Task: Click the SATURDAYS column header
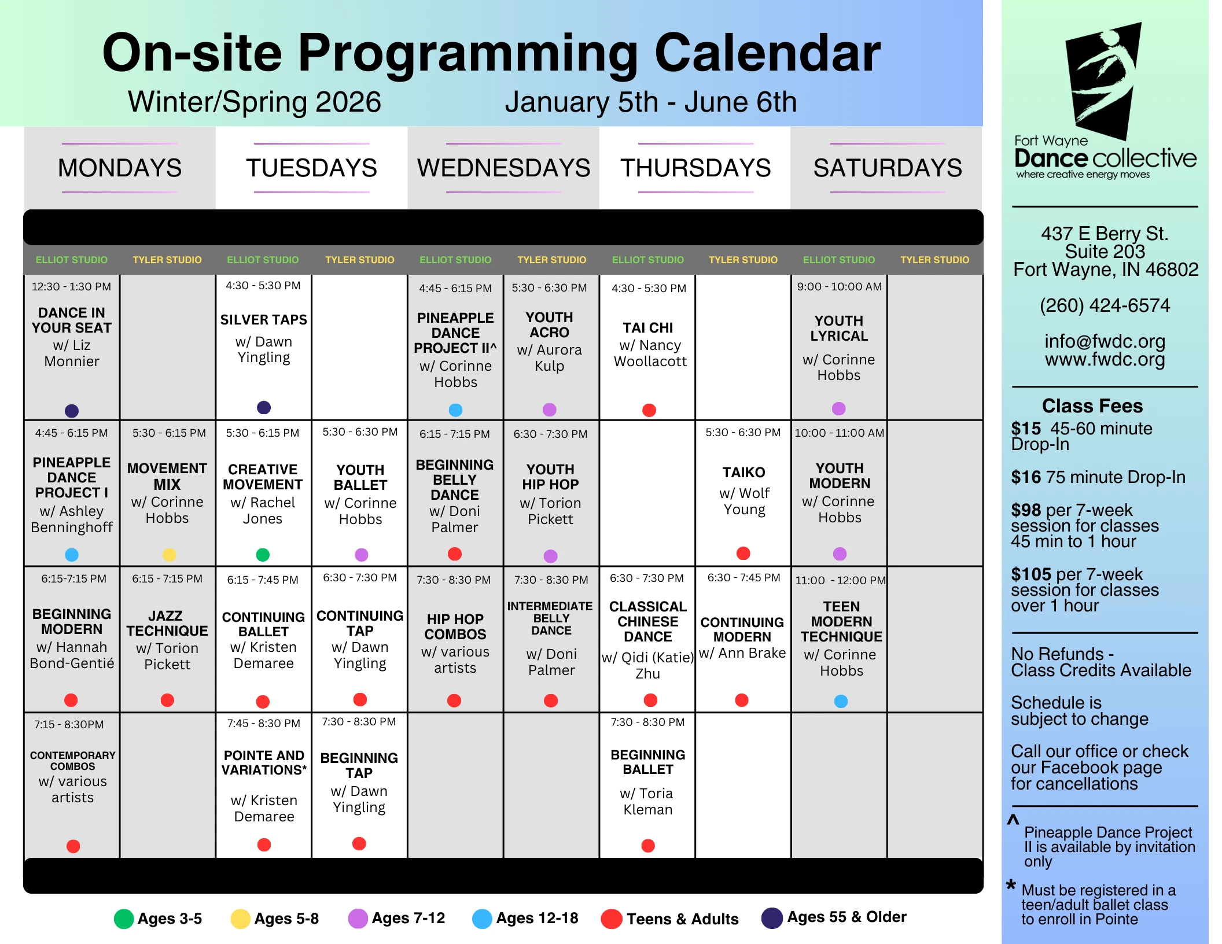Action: (x=888, y=168)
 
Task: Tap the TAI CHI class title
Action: (x=648, y=328)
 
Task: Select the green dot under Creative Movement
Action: (x=263, y=555)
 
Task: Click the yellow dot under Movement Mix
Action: (x=169, y=555)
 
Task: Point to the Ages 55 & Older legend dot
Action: (x=772, y=918)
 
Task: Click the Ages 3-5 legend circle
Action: (x=124, y=919)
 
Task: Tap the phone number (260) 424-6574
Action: (x=1105, y=305)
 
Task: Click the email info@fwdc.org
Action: (x=1105, y=341)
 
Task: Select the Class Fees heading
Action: (x=1092, y=406)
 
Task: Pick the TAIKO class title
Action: (x=743, y=473)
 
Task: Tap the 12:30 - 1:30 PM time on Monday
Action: (x=71, y=286)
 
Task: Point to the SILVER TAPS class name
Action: (x=264, y=320)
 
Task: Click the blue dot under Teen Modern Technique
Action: (x=841, y=701)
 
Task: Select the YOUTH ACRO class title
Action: (x=550, y=325)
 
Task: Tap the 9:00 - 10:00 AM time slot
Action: (x=839, y=286)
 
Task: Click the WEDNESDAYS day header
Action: (x=503, y=168)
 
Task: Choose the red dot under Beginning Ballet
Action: (x=648, y=846)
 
